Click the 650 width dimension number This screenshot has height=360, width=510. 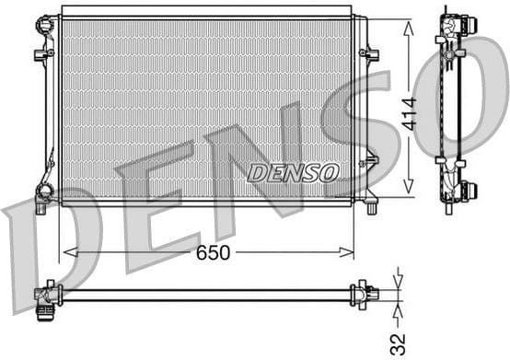click(x=213, y=251)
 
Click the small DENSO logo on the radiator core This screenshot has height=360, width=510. click(x=293, y=172)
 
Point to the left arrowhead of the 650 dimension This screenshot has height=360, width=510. click(x=64, y=250)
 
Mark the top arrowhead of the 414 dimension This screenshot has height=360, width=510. click(x=409, y=22)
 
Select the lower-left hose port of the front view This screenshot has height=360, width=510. click(x=42, y=192)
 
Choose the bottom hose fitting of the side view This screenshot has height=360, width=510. click(x=453, y=190)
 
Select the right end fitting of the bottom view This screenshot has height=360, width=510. click(x=368, y=294)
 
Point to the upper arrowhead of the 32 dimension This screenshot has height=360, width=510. click(x=399, y=282)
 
